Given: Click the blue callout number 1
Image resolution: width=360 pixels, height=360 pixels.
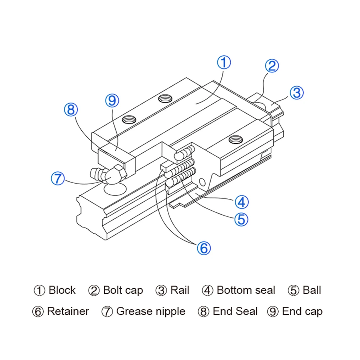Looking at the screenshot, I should (x=224, y=62).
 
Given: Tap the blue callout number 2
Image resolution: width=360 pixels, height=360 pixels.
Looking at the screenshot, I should (x=272, y=66).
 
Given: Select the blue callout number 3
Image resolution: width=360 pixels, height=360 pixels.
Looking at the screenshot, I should (x=297, y=93).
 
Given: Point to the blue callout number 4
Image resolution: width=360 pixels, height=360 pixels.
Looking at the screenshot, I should (x=242, y=202).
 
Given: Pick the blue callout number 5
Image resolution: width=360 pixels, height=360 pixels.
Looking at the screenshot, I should (x=241, y=219).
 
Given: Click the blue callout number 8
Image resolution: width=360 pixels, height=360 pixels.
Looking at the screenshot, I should (x=71, y=109).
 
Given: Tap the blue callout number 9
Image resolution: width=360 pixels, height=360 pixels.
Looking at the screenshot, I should (x=112, y=101).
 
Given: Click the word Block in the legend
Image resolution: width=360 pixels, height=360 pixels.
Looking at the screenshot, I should (x=62, y=290).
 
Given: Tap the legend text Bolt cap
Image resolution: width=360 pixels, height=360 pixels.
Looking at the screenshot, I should (x=123, y=290).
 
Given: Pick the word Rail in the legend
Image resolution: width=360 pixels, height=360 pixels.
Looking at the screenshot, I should (x=180, y=290).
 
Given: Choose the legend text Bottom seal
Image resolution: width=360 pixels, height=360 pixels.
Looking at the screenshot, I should (x=246, y=290).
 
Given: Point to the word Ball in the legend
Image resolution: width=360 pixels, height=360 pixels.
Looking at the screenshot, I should (x=312, y=290).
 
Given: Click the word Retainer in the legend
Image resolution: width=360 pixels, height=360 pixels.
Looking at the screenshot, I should (x=68, y=311).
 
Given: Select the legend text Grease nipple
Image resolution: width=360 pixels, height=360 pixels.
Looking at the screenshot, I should (x=151, y=311).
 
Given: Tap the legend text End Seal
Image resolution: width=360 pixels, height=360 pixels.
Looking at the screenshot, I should (x=235, y=311).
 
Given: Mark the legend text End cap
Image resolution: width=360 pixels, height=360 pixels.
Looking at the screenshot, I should (x=302, y=311).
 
